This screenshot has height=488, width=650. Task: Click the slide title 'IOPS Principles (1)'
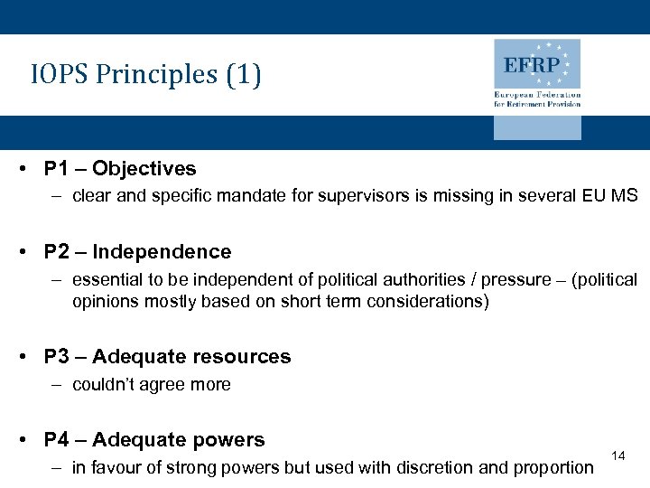(x=145, y=75)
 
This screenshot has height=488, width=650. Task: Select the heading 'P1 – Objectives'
(x=120, y=169)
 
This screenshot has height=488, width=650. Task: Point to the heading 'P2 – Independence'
(x=137, y=252)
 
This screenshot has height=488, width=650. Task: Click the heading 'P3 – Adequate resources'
(x=167, y=357)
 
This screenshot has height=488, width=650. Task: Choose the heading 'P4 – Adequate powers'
(x=154, y=440)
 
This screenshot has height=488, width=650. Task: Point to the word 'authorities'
(x=382, y=279)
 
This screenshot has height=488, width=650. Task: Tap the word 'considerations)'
(x=427, y=301)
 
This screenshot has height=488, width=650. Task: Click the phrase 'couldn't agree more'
(x=152, y=384)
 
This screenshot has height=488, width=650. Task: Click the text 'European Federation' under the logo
(x=537, y=95)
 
